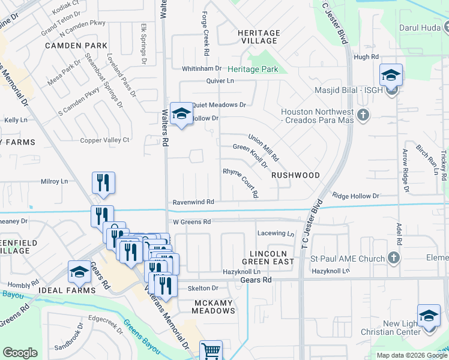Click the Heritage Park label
pyautogui.click(x=253, y=70)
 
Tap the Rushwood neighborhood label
pyautogui.click(x=295, y=175)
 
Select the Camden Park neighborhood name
pyautogui.click(x=76, y=46)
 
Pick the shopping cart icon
pyautogui.click(x=211, y=350)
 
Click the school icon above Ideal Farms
pyautogui.click(x=79, y=272)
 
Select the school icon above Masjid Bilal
pyautogui.click(x=391, y=75)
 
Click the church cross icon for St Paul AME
pyautogui.click(x=393, y=258)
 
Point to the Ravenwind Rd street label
pyautogui.click(x=193, y=202)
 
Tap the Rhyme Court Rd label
pyautogui.click(x=240, y=182)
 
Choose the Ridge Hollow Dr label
pyautogui.click(x=356, y=196)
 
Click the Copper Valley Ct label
pyautogui.click(x=106, y=140)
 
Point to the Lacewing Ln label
pyautogui.click(x=276, y=233)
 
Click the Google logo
pyautogui.click(x=20, y=353)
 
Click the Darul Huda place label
pyautogui.click(x=420, y=27)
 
